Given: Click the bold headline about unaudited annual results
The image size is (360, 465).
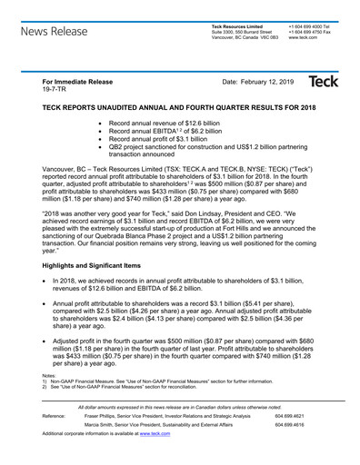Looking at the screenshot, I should coord(179,107).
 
